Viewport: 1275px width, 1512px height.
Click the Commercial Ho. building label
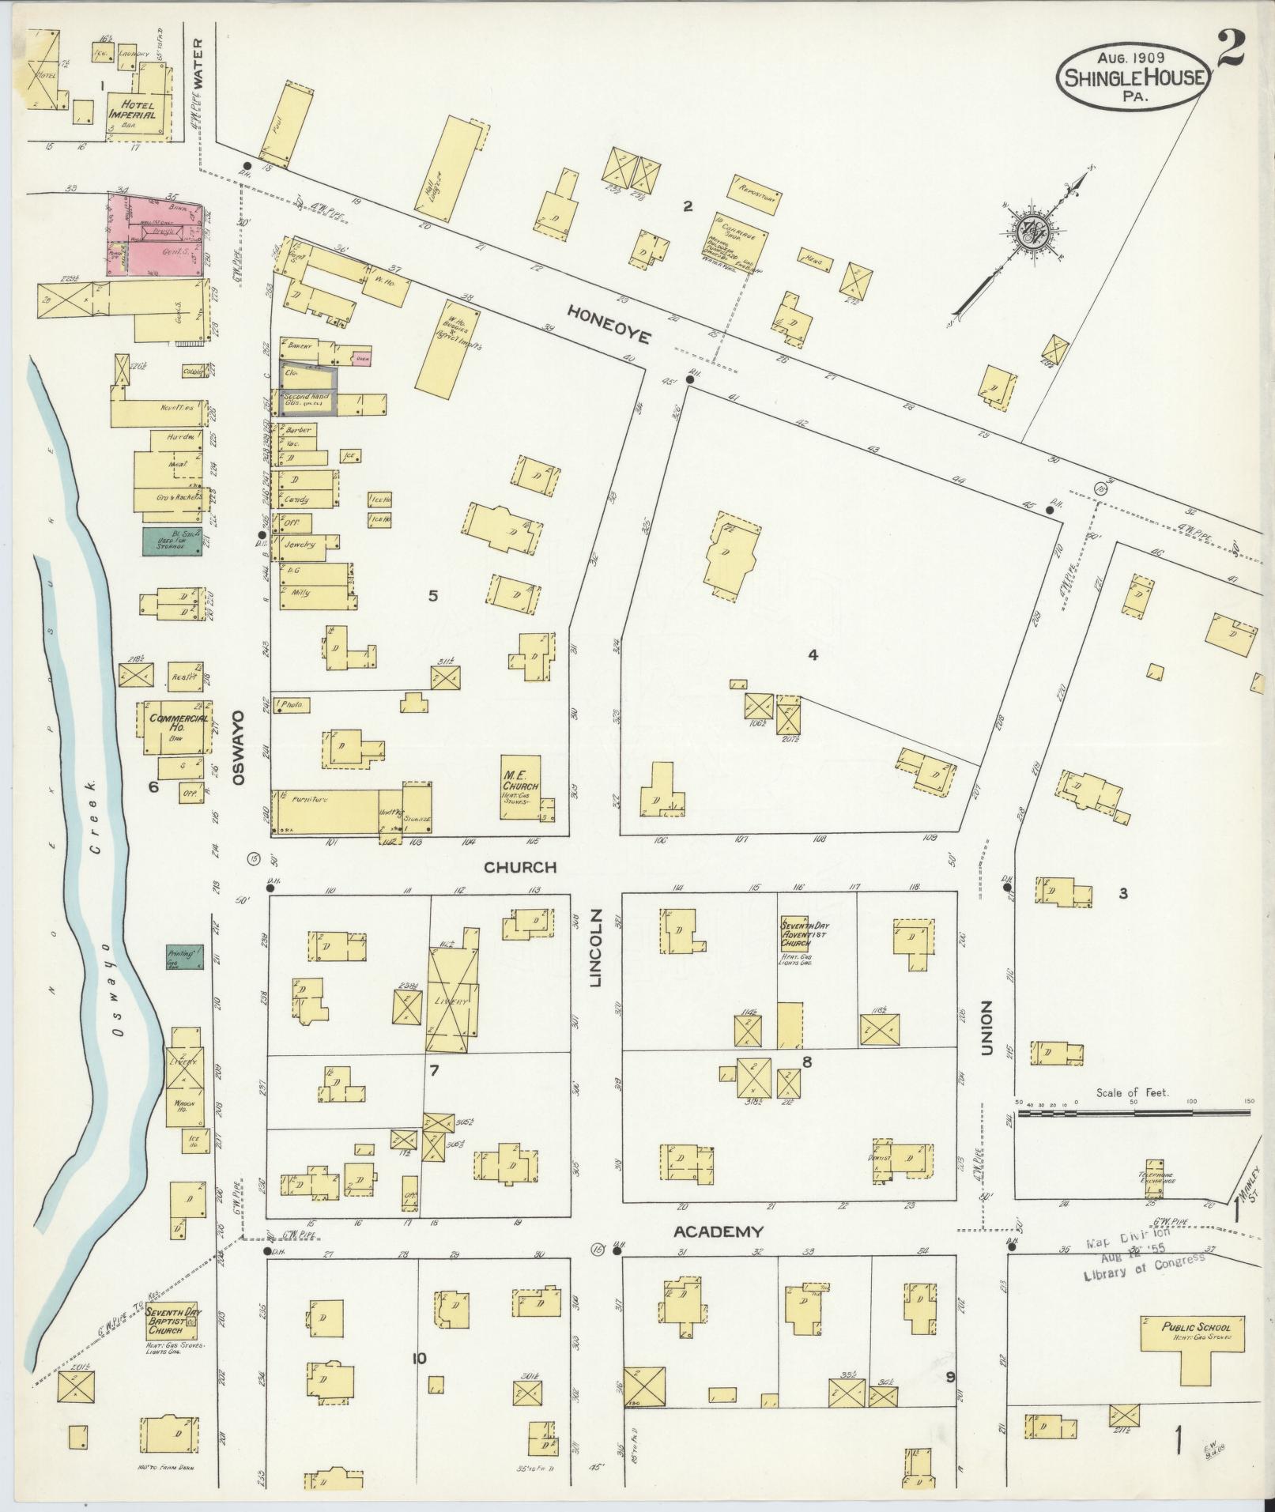[x=179, y=722]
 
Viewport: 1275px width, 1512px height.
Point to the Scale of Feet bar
[x=1134, y=1113]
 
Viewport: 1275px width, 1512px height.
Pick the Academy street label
[x=718, y=1231]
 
